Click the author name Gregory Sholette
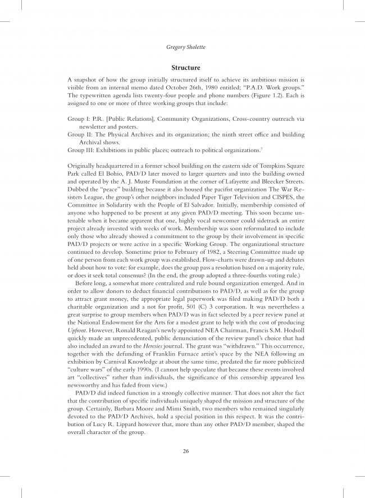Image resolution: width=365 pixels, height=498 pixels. click(x=182, y=49)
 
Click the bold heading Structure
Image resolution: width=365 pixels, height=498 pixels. click(x=182, y=67)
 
